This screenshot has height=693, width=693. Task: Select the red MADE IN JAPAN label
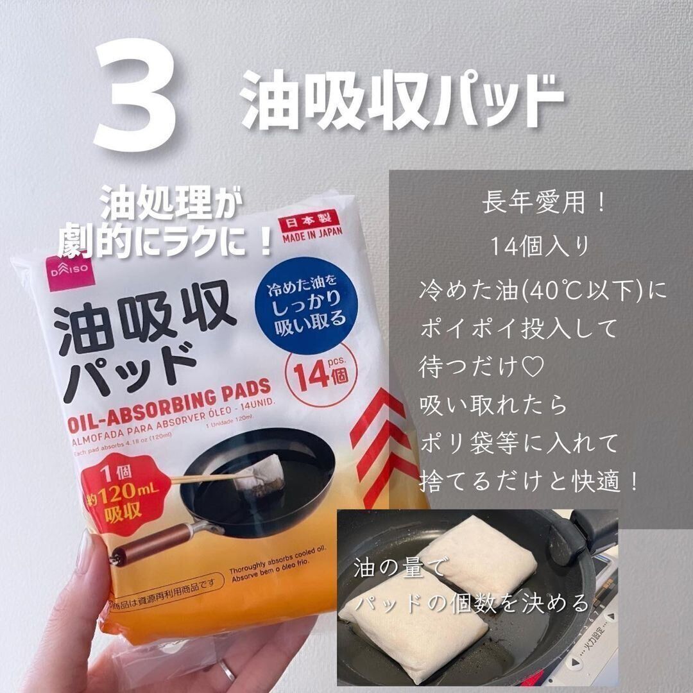click(x=310, y=227)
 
